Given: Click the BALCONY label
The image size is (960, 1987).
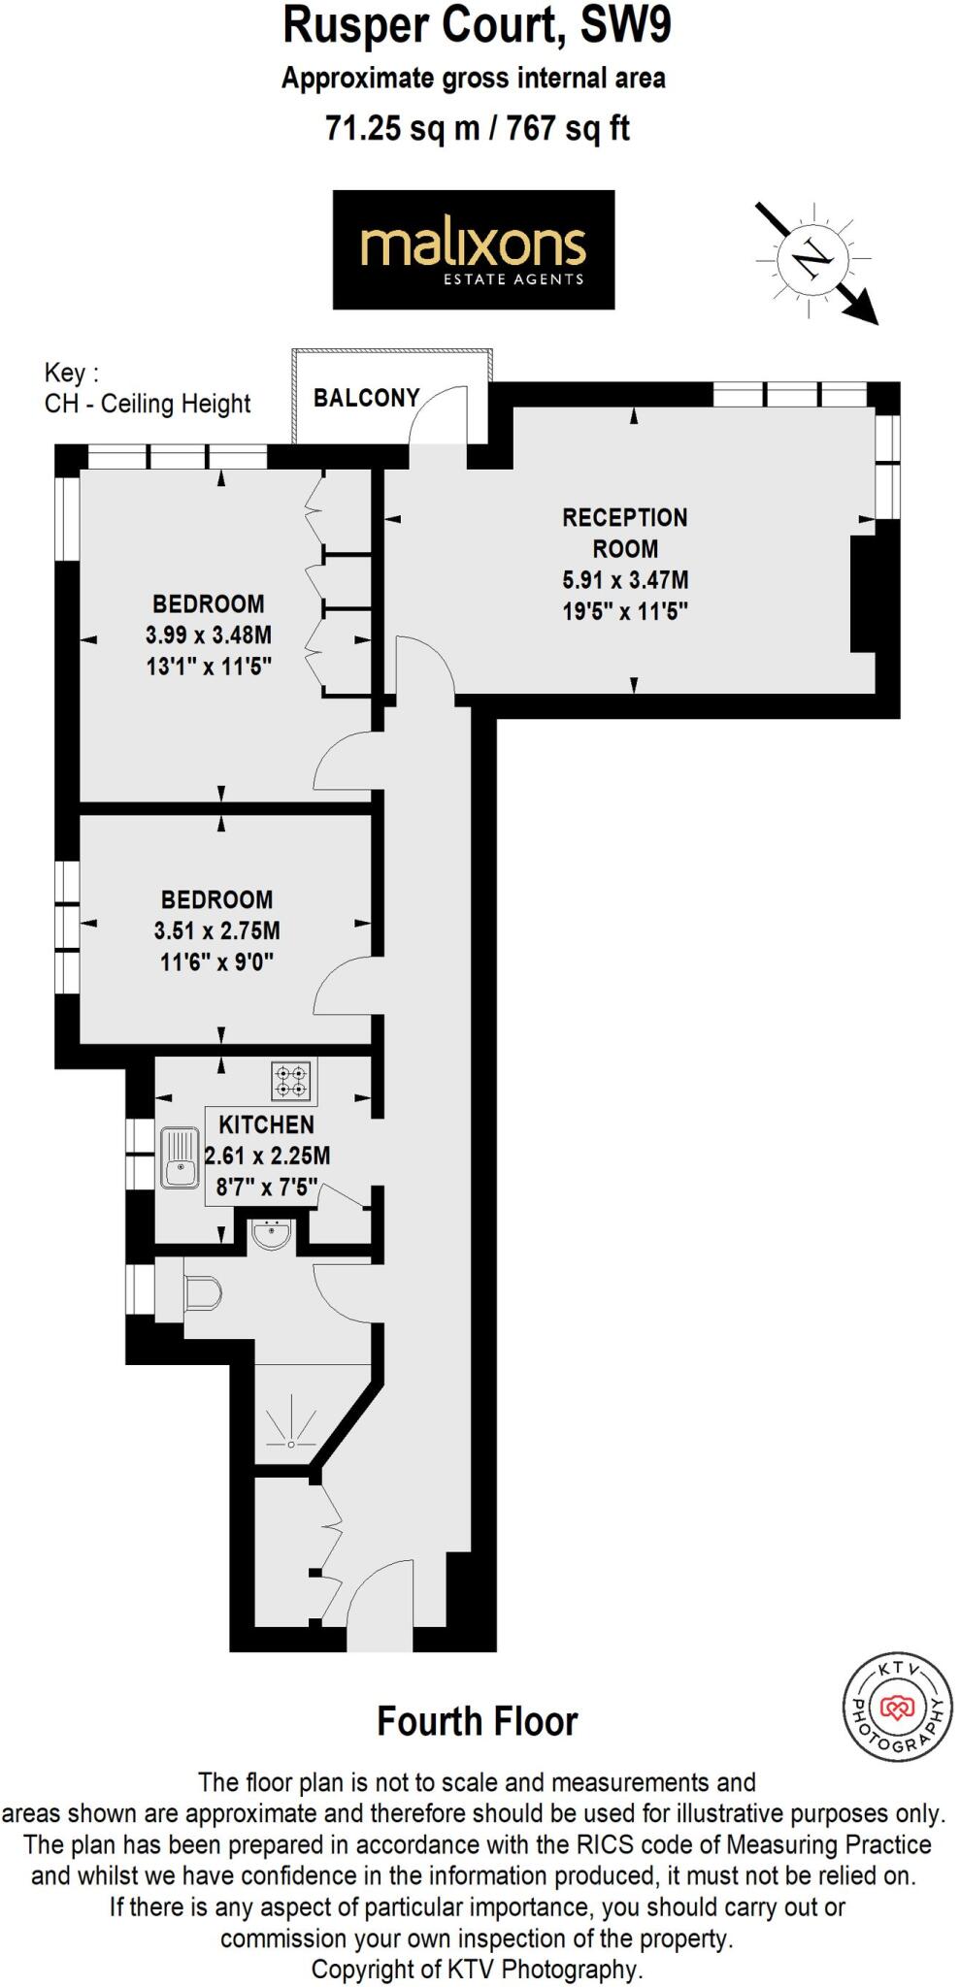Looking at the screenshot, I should pos(366,398).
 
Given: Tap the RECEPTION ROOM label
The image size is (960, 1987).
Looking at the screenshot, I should pos(624,533).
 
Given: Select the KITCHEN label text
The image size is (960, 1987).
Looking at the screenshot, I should pos(266,1124).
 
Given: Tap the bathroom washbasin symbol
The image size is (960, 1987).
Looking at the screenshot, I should pos(271,1235).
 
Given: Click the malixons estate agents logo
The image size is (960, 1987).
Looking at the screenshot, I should pos(474,250).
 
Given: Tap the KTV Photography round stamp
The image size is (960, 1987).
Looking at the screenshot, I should pos(897,1707).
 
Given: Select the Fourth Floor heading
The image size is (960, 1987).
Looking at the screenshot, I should pos(478,1721).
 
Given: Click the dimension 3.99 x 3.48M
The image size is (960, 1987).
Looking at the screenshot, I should pos(209,635).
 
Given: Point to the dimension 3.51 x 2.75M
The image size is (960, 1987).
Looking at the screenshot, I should pos(216,931).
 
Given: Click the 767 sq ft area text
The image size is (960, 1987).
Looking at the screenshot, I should pos(568,128).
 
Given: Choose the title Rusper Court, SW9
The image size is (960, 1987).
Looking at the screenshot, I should pos(477,26).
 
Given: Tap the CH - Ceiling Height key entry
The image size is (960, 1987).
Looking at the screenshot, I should pos(148,404).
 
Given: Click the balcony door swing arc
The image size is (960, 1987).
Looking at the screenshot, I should pos(439,412).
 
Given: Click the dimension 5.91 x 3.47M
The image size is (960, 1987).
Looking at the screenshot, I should pos(625,580).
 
